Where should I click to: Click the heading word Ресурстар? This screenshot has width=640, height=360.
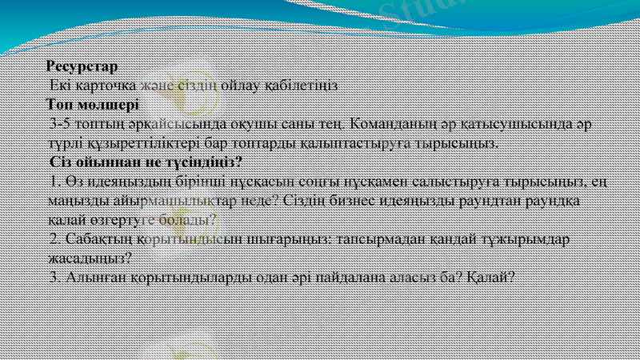[82, 66]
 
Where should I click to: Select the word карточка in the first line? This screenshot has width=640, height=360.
[107, 85]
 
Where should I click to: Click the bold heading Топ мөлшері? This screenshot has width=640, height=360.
[92, 104]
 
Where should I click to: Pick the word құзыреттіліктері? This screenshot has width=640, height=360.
[141, 143]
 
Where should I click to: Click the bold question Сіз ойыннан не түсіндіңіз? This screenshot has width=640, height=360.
[146, 162]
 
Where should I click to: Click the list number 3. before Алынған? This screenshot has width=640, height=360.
[54, 277]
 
